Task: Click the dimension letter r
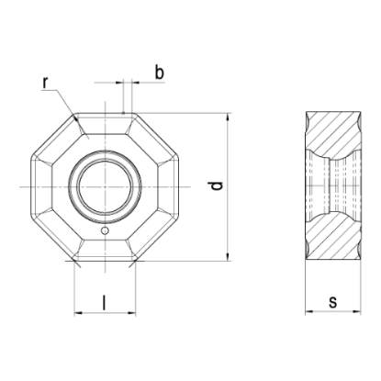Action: point(45,83)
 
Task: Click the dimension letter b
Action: point(159,73)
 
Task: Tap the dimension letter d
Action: point(217,185)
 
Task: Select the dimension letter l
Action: point(105,303)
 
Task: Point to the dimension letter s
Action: point(332,302)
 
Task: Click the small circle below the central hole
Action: point(105,230)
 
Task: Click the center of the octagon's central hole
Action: point(105,186)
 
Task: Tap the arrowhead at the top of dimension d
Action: point(228,117)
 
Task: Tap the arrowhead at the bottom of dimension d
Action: point(228,257)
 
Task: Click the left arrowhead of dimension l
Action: point(78,313)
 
